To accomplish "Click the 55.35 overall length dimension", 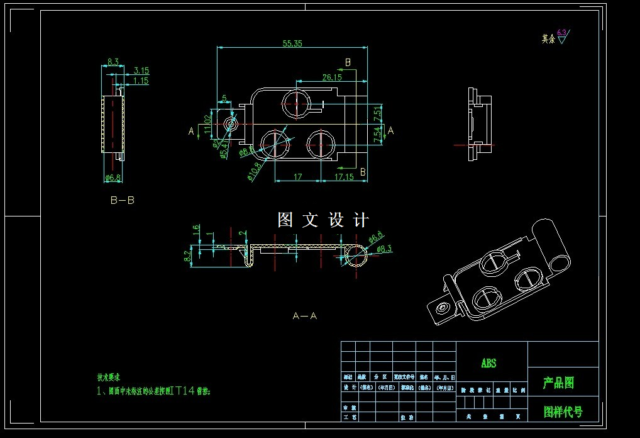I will click(x=292, y=43).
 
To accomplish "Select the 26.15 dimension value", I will click(x=331, y=77).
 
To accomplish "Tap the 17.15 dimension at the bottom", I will click(x=344, y=177).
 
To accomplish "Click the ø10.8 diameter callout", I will click(x=255, y=171).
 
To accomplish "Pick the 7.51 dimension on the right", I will click(x=377, y=114).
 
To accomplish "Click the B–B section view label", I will click(x=122, y=201).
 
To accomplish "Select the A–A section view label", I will click(x=305, y=316).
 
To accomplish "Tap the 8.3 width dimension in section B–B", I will click(x=113, y=62).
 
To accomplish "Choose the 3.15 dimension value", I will click(x=141, y=71).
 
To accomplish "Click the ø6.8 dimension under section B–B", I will click(x=113, y=177).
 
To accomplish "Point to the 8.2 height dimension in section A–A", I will click(x=187, y=255).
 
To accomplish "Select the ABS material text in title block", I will click(x=488, y=363).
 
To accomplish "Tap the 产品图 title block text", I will click(x=558, y=383).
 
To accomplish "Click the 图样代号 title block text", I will click(x=563, y=412).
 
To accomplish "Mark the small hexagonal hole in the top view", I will click(x=231, y=124).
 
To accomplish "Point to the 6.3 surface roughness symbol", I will click(x=561, y=35).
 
